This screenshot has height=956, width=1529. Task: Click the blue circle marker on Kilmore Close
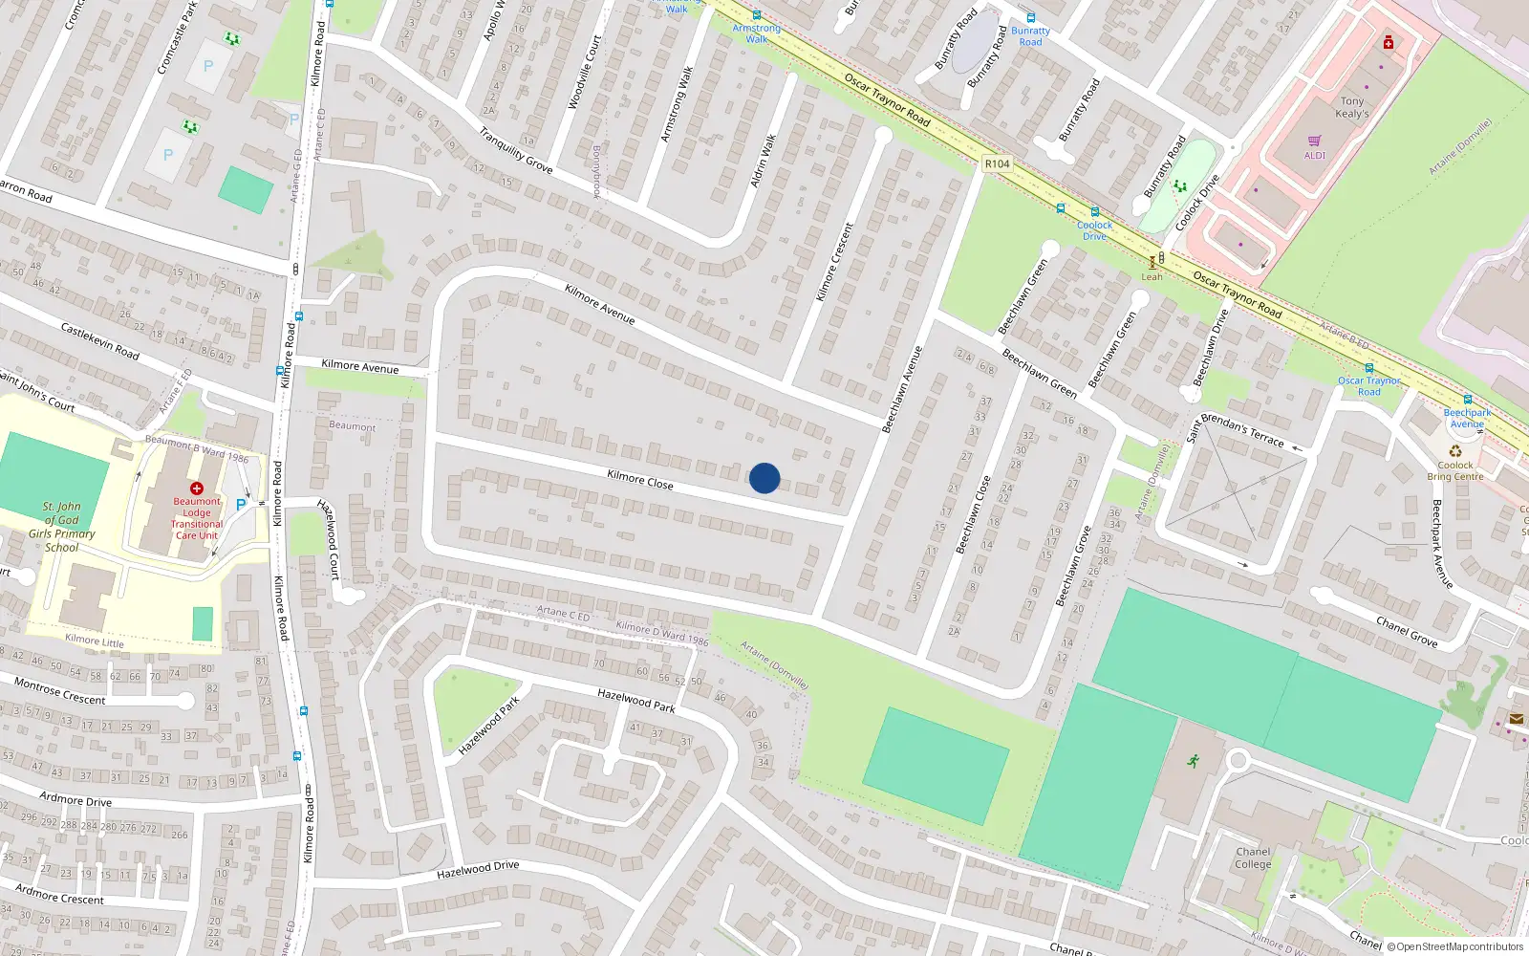[764, 478]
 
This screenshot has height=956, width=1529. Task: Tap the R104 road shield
[997, 163]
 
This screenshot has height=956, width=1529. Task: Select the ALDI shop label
[1315, 155]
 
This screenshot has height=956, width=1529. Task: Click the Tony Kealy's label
[1351, 107]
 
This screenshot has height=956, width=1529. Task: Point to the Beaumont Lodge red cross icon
[197, 489]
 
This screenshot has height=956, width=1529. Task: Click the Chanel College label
[1253, 858]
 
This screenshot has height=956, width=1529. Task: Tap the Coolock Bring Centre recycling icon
[1454, 451]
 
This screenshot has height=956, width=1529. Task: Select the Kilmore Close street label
[640, 480]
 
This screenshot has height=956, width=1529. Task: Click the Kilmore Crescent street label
[833, 262]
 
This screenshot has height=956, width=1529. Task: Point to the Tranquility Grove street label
[516, 150]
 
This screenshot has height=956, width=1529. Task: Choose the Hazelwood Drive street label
[478, 870]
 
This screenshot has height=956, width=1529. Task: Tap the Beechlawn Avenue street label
[902, 390]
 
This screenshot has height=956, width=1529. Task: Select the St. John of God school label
[61, 527]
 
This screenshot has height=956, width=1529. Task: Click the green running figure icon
[1193, 761]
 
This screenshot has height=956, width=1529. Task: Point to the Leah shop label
[1152, 277]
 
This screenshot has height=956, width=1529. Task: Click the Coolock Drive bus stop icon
[1095, 212]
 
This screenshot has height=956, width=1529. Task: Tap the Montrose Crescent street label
[59, 691]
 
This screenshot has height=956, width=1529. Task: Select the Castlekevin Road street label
[99, 341]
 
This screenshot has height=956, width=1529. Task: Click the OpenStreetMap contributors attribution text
[1454, 946]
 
